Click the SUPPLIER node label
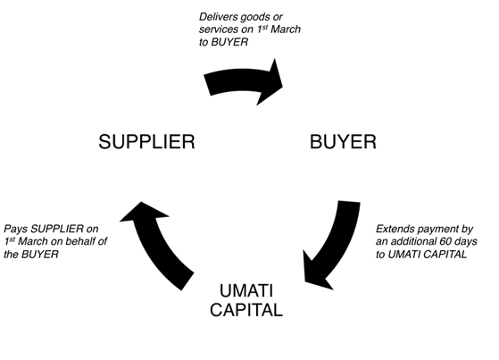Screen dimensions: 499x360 tap(146, 142)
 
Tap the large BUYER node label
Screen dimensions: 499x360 tap(343, 142)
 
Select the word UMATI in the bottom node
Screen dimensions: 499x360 tap(246, 290)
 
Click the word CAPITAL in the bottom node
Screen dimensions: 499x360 tap(246, 310)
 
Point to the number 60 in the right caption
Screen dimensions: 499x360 tap(446, 241)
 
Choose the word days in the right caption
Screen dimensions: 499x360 tap(467, 242)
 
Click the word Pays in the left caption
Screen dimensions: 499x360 tap(16, 229)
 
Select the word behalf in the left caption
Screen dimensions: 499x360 tap(80, 241)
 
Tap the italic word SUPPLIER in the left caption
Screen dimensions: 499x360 tap(57, 229)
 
